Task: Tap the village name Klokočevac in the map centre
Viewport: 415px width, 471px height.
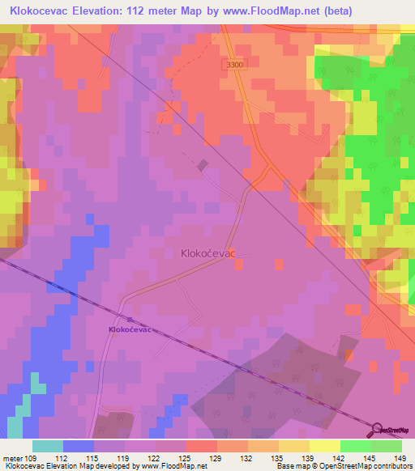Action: (207, 253)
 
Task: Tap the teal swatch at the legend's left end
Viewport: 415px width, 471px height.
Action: (48, 446)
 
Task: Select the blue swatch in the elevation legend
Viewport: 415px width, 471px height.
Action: (79, 446)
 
